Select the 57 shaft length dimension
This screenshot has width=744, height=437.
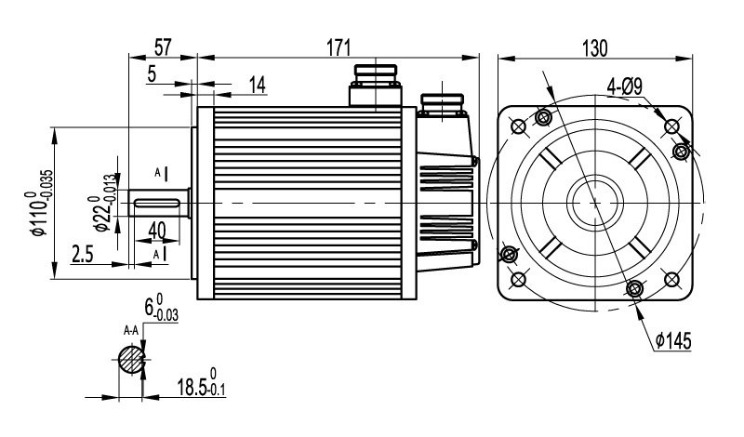pos(162,45)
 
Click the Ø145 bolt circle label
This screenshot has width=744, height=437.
pos(672,341)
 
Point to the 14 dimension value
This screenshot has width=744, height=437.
pos(257,86)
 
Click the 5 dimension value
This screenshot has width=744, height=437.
pos(152,74)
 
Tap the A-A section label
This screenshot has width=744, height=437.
pos(131,330)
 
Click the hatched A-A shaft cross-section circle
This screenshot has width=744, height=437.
pos(132,358)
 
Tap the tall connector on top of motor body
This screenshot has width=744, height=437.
pos(375,86)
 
